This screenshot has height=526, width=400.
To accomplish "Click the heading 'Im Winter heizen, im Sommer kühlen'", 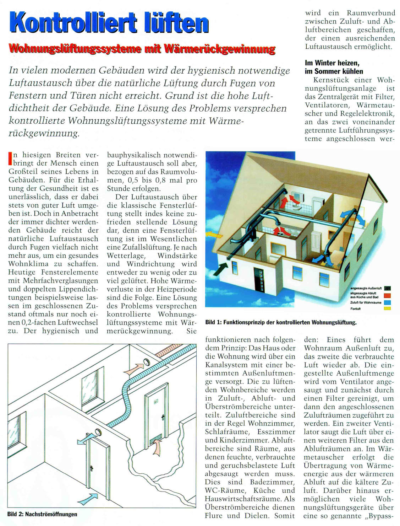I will click(334, 67).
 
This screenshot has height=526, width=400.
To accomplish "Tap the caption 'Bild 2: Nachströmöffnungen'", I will click(42, 514).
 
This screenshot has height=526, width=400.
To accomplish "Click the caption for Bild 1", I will click(281, 322).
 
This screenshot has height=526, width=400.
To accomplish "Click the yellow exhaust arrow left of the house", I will click(214, 234).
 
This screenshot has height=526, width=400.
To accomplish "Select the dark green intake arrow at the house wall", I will click(222, 268).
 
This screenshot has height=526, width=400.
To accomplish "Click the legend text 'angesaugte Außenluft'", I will click(366, 288).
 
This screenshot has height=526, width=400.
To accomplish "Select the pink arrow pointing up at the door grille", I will click(157, 449).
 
